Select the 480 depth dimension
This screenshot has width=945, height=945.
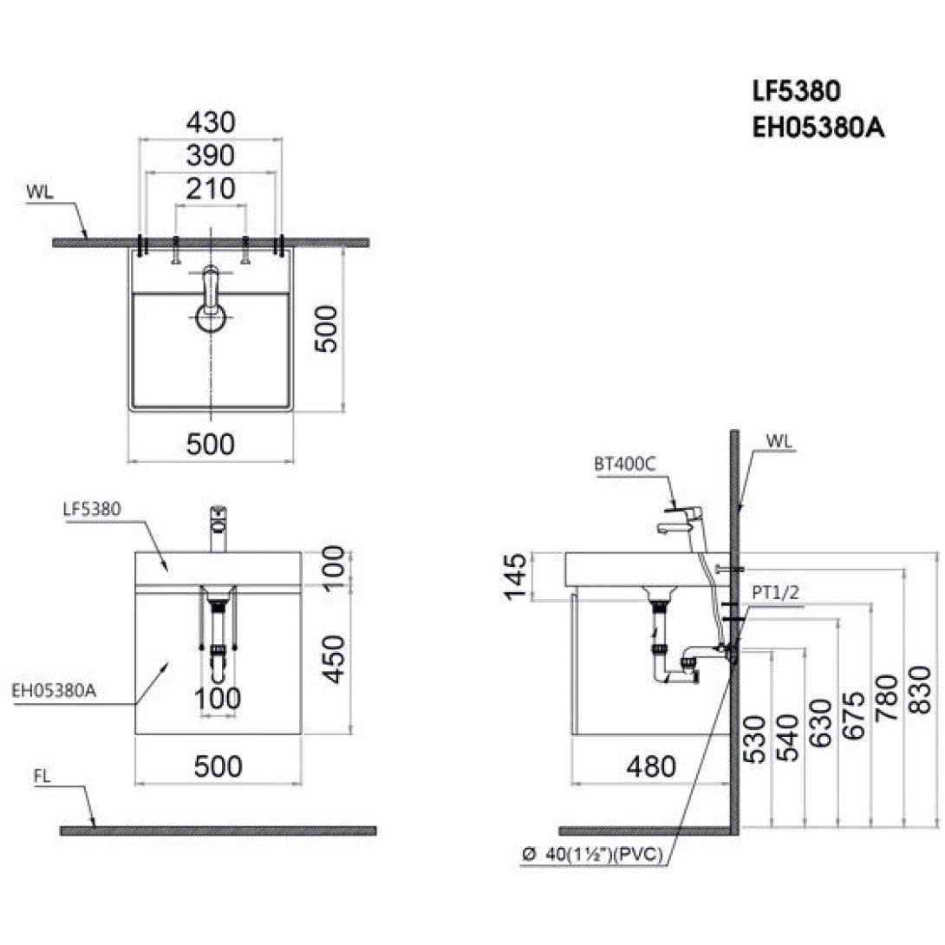[650, 766]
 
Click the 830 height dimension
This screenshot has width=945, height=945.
[921, 690]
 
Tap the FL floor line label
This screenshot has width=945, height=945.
[43, 777]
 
